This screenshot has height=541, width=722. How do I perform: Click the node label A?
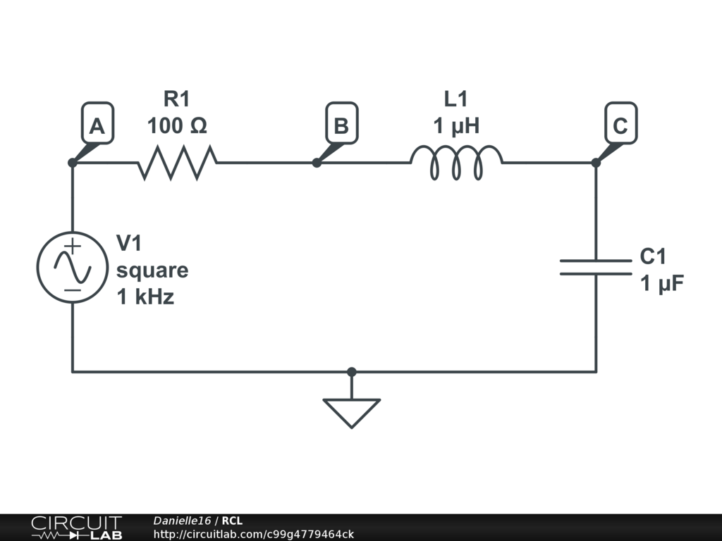[97, 125]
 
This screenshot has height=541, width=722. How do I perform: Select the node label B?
[341, 125]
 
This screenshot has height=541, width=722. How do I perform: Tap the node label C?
[620, 125]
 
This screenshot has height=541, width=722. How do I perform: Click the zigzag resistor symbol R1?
[177, 162]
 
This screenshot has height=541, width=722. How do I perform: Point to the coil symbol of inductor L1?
[457, 162]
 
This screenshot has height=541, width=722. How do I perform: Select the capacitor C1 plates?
[596, 266]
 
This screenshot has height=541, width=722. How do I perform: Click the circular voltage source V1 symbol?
[72, 268]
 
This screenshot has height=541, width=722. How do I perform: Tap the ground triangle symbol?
[352, 411]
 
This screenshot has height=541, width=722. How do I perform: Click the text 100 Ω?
[177, 126]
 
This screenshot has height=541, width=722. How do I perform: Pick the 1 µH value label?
[456, 126]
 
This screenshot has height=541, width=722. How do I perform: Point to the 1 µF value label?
[662, 283]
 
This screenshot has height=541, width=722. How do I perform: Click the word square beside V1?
[152, 270]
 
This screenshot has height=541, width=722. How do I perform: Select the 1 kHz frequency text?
[145, 297]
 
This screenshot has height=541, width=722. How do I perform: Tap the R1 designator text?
[177, 99]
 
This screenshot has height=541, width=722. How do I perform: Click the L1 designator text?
[456, 99]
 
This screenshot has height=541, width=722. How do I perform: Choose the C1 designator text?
[653, 256]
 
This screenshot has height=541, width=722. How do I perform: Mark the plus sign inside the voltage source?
[73, 246]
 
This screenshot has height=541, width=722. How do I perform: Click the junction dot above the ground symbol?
[352, 371]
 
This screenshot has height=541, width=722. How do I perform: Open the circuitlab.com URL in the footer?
[253, 534]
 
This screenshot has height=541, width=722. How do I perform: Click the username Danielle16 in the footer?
[182, 521]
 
